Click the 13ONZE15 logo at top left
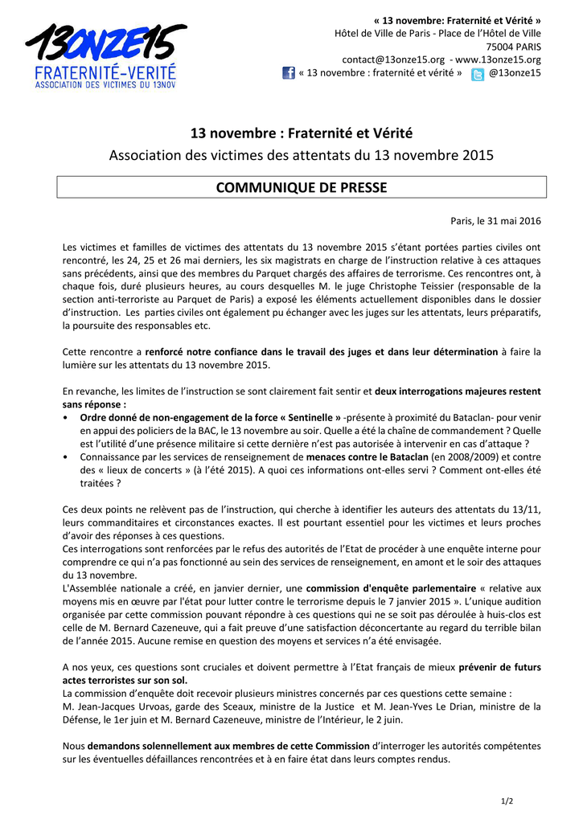pos(105,55)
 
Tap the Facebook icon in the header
pos(289,73)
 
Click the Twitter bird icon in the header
pos(478,74)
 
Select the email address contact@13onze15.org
pos(393,59)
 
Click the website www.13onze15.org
pos(499,59)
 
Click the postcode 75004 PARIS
pos(511,47)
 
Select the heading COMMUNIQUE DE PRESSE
pos(302,188)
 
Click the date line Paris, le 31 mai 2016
pos(495,221)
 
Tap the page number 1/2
pos(507,800)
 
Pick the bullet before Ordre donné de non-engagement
pos(64,418)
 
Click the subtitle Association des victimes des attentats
pos(302,155)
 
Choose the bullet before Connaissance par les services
pos(64,457)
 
